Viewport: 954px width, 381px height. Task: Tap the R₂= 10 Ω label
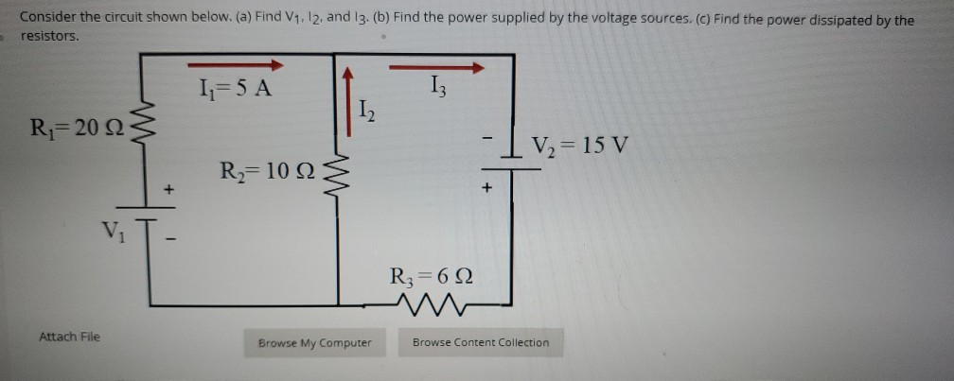tap(266, 172)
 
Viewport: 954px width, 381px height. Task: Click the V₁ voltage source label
tap(114, 231)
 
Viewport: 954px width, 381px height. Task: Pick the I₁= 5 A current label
tap(232, 90)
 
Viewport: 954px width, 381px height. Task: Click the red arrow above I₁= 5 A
tap(236, 66)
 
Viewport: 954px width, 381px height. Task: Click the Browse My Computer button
tap(315, 342)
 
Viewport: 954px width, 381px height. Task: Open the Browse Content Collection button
tap(480, 342)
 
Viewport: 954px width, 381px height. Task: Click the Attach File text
tap(69, 337)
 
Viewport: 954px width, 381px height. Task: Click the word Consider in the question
tap(46, 19)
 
